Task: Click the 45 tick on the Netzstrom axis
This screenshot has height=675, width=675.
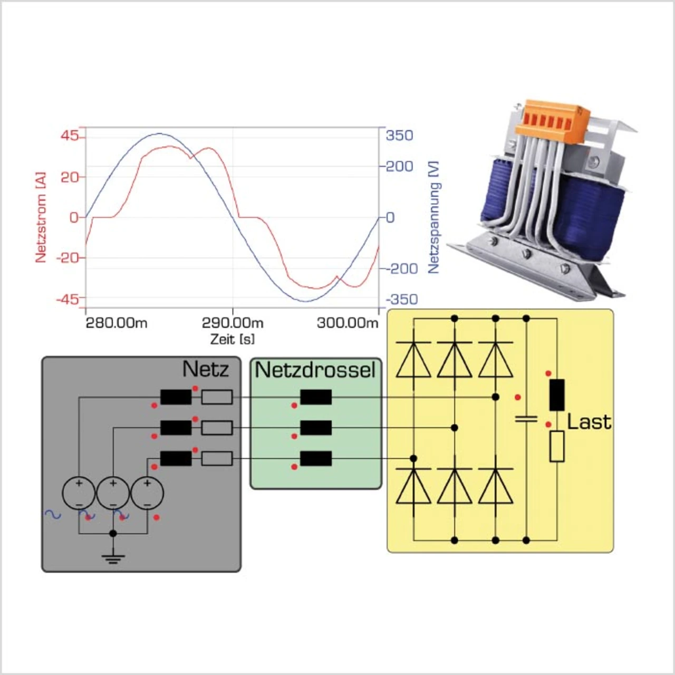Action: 70,136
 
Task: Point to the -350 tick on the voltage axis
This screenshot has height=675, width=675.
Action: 401,300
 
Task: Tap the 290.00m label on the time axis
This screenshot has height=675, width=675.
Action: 233,323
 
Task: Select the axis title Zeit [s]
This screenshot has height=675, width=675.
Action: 232,339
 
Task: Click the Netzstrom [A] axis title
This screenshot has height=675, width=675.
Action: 41,217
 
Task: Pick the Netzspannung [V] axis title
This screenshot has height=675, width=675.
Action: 433,217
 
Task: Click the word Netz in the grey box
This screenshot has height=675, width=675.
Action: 205,369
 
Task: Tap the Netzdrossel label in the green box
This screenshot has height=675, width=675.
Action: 315,370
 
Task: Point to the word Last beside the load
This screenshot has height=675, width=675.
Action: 589,422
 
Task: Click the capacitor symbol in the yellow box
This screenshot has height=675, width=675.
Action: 526,419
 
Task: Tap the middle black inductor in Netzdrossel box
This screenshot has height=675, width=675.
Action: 316,428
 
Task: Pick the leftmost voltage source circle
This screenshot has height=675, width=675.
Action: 79,493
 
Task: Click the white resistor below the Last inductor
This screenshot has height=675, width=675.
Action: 557,446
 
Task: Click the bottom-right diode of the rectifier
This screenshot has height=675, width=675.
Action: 495,485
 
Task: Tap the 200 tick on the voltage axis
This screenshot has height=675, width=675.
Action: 399,167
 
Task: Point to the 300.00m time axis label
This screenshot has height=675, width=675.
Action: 347,323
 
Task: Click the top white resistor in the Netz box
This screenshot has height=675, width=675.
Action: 217,397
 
